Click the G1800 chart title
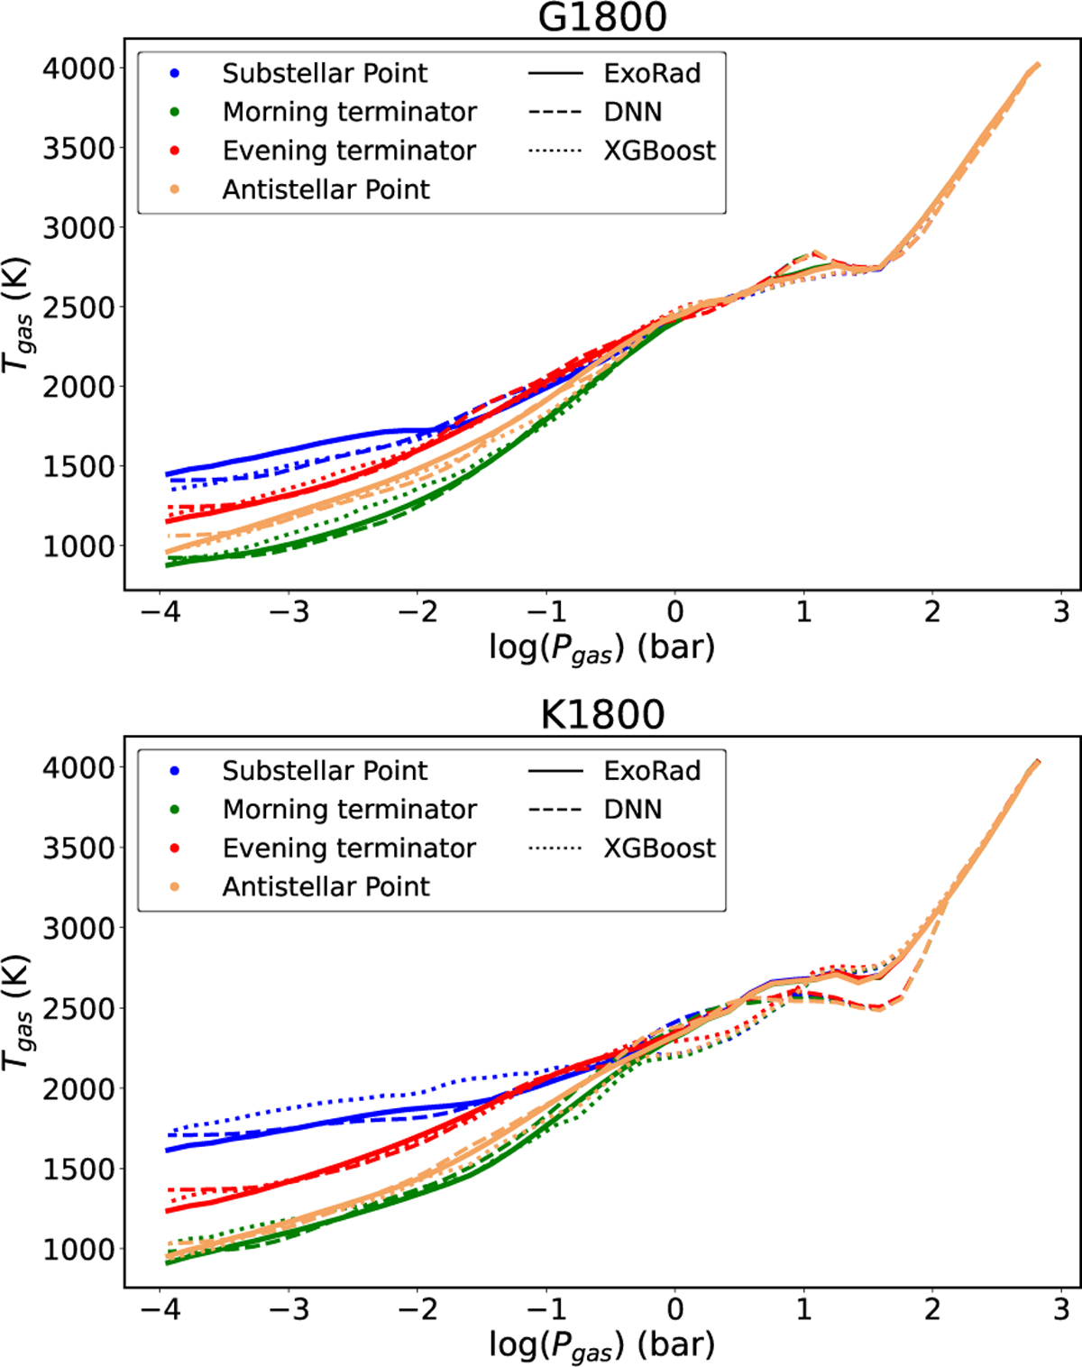point(601,17)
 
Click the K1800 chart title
point(601,715)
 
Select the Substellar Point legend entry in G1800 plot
point(325,73)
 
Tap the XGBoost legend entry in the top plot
point(659,151)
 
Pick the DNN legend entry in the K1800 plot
point(633,810)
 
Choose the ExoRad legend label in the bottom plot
point(652,771)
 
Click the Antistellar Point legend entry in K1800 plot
point(326,887)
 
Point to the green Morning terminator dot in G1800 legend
point(175,112)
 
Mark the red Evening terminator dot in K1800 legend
point(175,849)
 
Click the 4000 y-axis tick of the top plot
point(78,69)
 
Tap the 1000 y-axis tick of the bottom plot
point(78,1250)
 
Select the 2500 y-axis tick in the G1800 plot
point(78,307)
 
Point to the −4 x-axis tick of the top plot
point(160,612)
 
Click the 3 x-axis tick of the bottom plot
point(1061,1309)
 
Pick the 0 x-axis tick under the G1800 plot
point(675,612)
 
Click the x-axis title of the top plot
point(601,647)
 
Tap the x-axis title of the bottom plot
point(601,1345)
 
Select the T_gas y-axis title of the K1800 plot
point(17,1012)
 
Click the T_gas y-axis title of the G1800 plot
point(17,315)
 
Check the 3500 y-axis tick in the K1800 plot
point(78,849)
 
